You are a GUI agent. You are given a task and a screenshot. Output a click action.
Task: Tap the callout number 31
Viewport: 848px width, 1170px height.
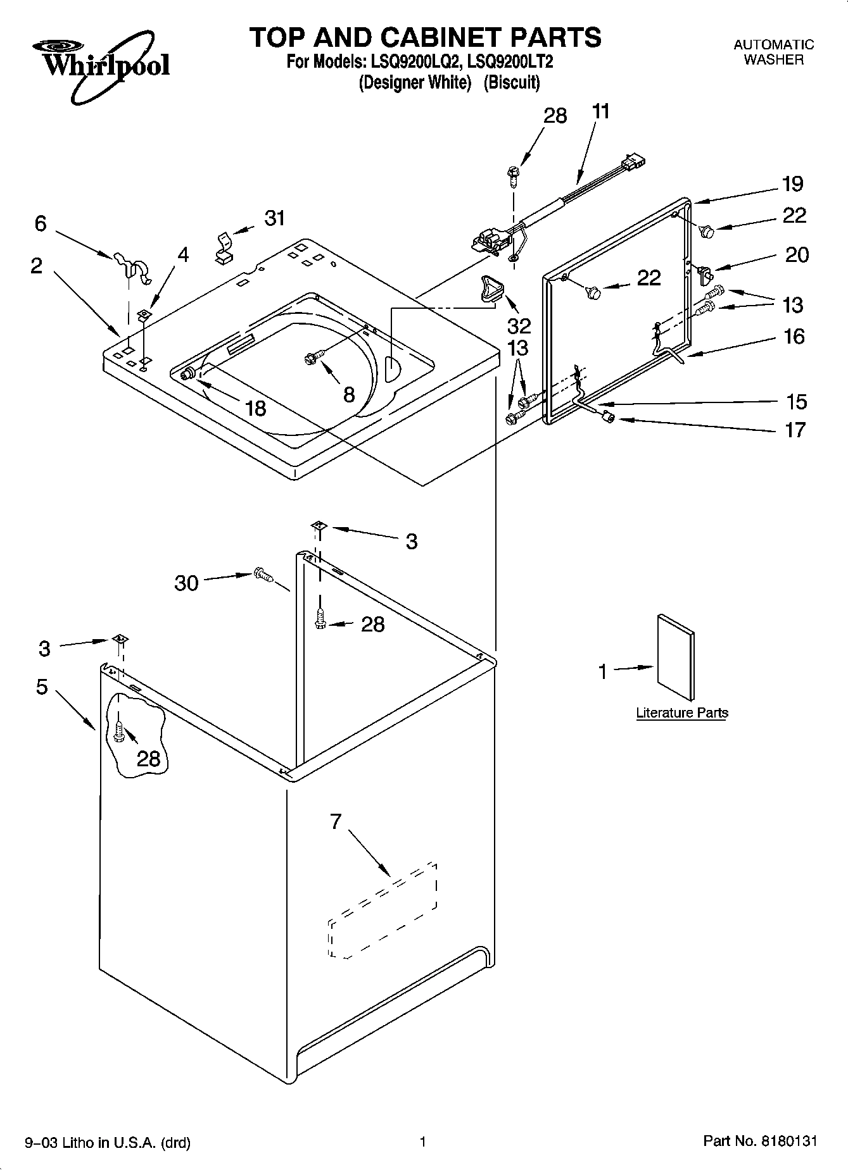(x=274, y=218)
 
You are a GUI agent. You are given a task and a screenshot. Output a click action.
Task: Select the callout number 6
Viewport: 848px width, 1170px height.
(x=41, y=223)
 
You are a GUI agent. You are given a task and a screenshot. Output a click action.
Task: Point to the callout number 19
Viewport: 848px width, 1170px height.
(x=792, y=184)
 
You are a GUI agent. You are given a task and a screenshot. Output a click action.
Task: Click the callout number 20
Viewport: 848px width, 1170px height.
(x=797, y=254)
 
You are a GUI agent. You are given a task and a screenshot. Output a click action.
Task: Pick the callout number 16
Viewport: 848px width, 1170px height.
(x=794, y=336)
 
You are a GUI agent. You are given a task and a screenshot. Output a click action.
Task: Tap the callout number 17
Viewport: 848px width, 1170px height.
(x=795, y=430)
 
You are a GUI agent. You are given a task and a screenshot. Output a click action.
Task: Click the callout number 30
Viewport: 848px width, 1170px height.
(x=186, y=583)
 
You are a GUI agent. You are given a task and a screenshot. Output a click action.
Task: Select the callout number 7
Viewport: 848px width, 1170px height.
(x=336, y=821)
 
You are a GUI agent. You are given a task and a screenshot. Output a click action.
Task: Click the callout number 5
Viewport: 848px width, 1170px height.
(x=42, y=687)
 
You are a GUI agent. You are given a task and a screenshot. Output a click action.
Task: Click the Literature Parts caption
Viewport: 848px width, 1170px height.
(x=681, y=713)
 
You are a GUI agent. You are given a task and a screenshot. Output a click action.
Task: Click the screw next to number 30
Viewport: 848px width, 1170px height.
(x=262, y=575)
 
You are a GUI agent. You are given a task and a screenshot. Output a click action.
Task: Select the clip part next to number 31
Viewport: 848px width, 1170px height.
(x=224, y=247)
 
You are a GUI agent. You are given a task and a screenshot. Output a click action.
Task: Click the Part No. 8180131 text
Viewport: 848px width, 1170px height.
(x=760, y=1141)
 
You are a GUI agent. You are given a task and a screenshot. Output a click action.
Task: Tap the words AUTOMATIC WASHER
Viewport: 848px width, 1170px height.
(x=773, y=53)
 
